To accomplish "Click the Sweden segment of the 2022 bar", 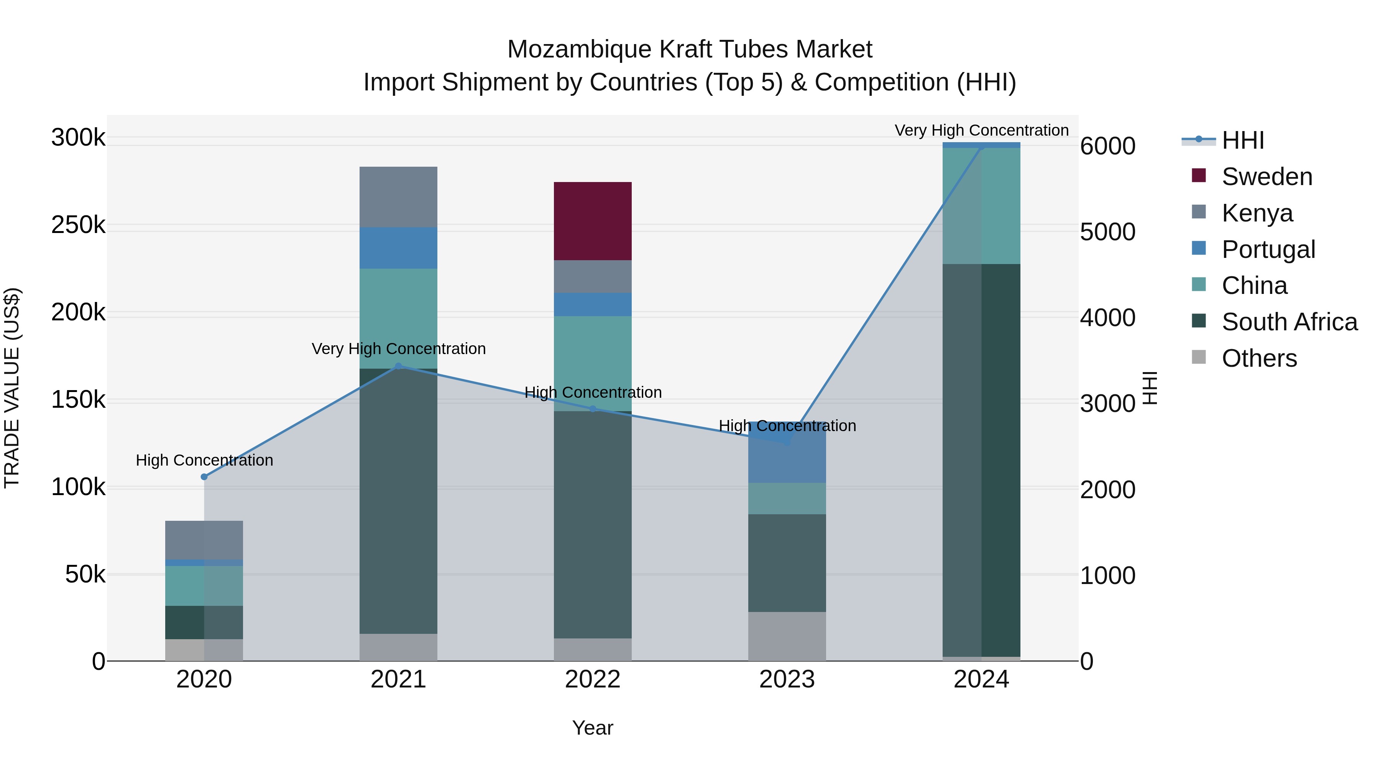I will coord(593,221).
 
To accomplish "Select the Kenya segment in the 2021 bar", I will coord(398,197).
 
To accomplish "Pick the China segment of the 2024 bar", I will coord(981,206).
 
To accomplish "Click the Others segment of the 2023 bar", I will coord(787,636).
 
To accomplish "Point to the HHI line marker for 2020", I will coord(204,477).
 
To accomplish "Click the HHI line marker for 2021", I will coord(398,366).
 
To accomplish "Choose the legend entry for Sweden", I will coord(1267,177).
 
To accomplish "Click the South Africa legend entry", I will coord(1289,322).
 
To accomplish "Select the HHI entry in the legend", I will coord(1243,140).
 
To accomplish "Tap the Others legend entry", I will coord(1259,358).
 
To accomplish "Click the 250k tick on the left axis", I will coord(78,225).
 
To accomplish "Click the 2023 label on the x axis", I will coord(787,679).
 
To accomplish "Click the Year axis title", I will coord(593,728).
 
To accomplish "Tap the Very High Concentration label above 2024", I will coord(981,130).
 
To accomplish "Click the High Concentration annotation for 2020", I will coord(204,460).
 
